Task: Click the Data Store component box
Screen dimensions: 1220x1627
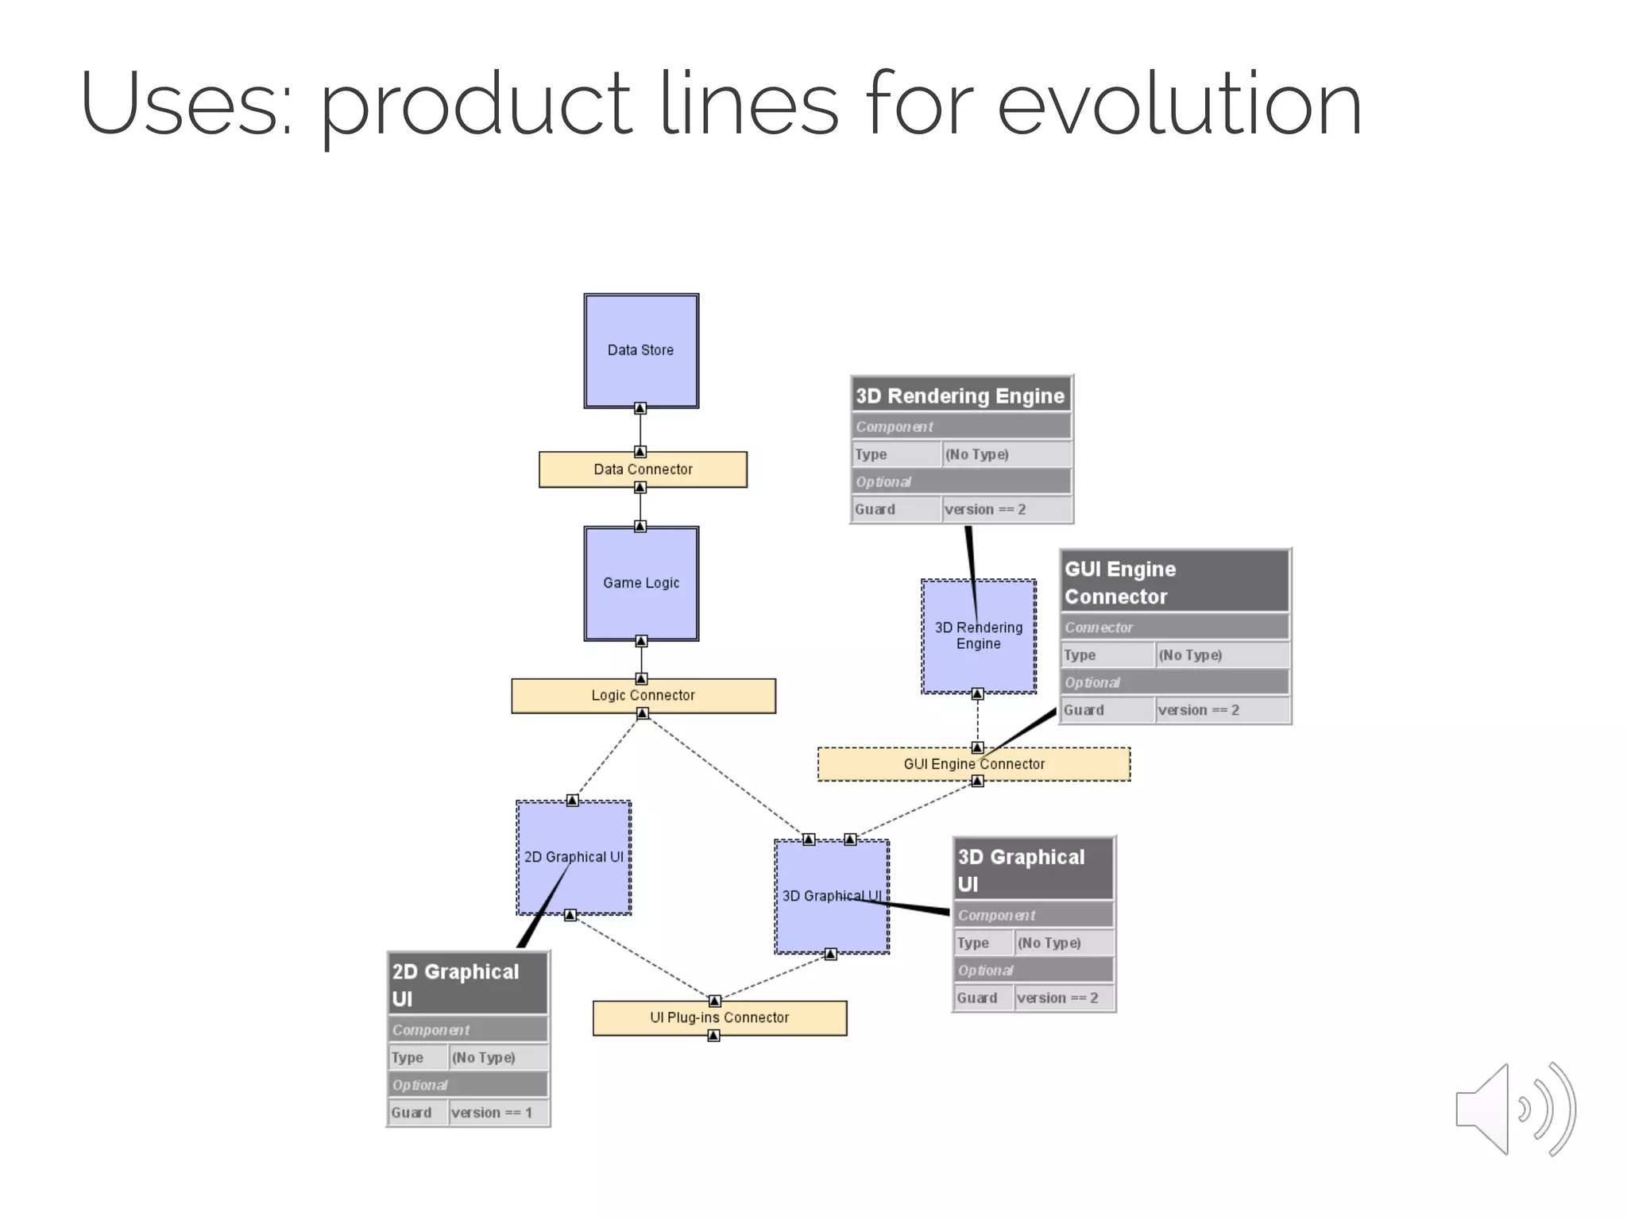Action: click(641, 350)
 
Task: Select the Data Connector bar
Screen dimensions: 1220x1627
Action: click(643, 469)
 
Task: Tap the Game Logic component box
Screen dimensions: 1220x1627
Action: click(641, 583)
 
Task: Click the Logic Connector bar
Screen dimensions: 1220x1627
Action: click(643, 696)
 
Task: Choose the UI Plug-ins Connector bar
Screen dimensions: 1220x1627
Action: click(719, 1017)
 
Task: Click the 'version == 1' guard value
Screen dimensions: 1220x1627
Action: click(492, 1113)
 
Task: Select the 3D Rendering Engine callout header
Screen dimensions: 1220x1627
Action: click(960, 396)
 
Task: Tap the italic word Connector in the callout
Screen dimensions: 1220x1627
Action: click(1099, 627)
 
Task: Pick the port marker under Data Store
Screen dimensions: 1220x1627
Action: click(640, 408)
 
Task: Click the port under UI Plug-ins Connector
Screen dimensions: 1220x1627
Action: click(713, 1036)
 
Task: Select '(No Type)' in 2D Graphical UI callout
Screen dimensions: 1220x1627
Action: click(483, 1058)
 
